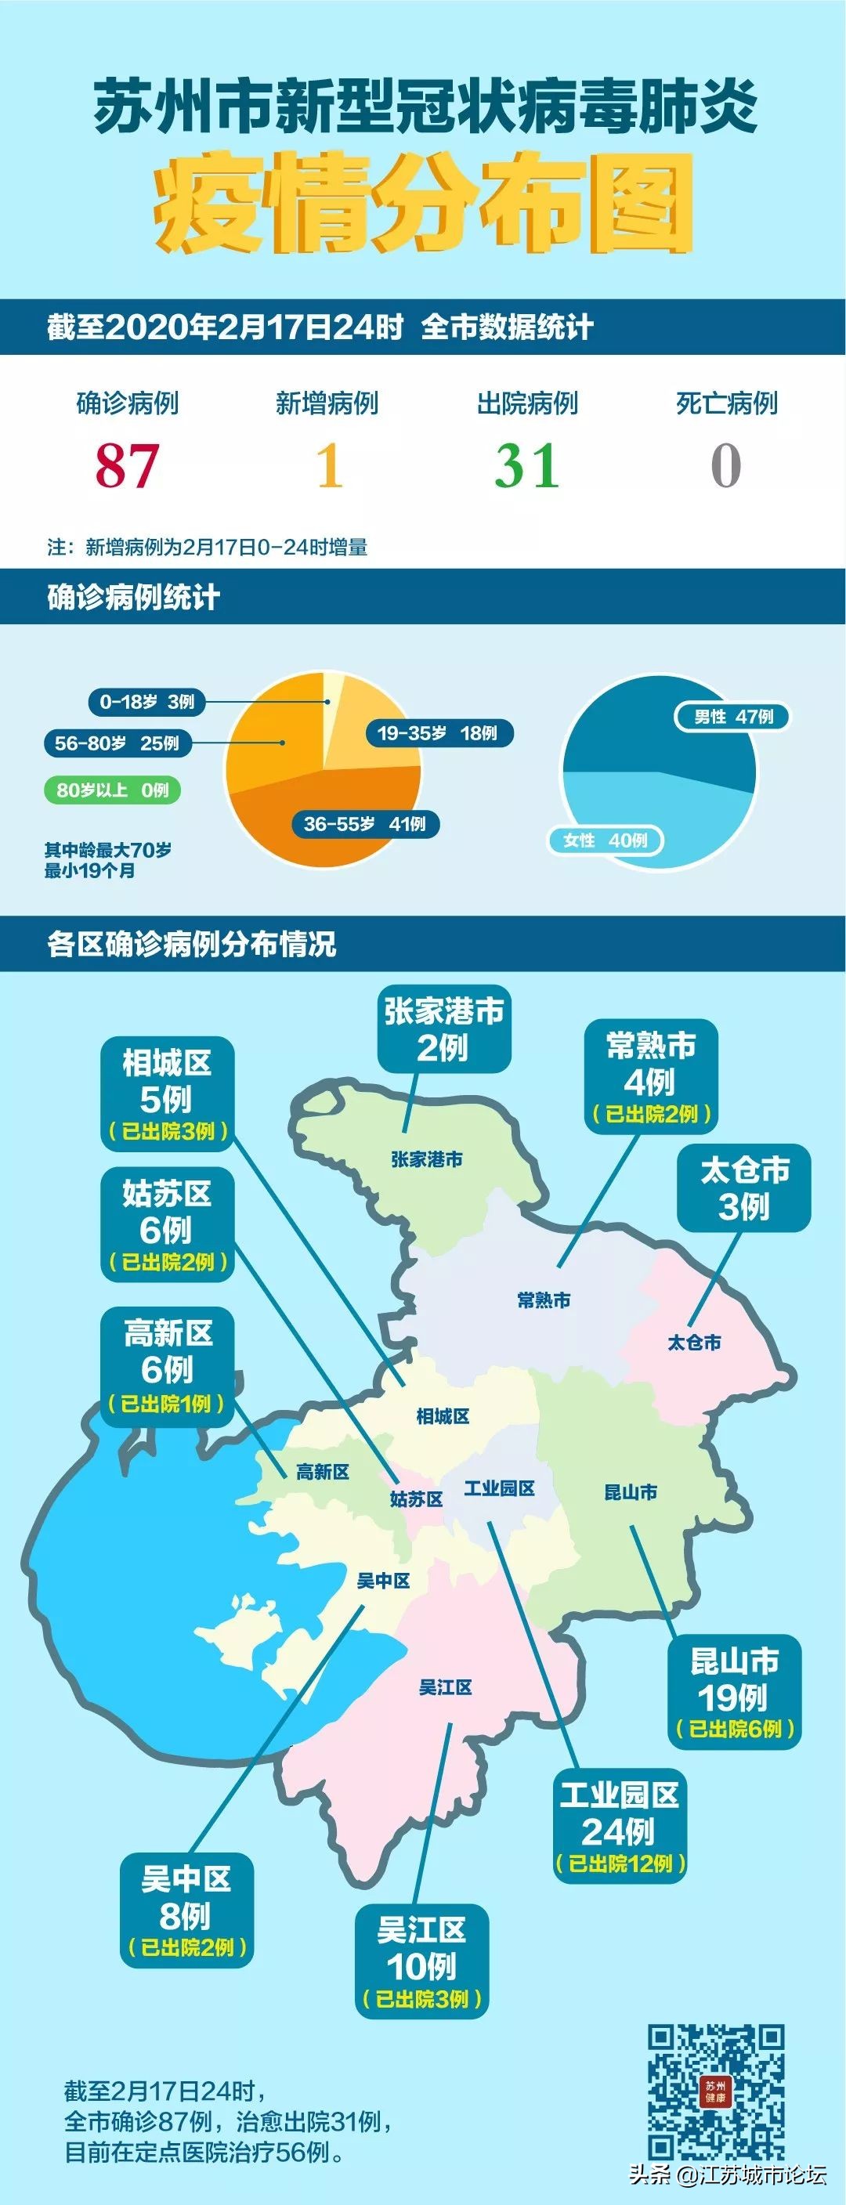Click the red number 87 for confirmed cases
[x=127, y=467]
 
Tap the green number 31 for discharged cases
[x=526, y=467]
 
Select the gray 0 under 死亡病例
[x=725, y=467]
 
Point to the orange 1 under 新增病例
[x=330, y=467]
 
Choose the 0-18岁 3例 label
[x=146, y=702]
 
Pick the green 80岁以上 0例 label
[x=112, y=790]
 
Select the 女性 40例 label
[x=606, y=840]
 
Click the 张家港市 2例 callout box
[x=443, y=1030]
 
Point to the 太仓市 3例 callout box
[x=744, y=1188]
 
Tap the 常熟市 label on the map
[x=544, y=1300]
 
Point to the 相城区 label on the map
[x=443, y=1415]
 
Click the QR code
[x=716, y=2091]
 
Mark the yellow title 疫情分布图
[x=423, y=204]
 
